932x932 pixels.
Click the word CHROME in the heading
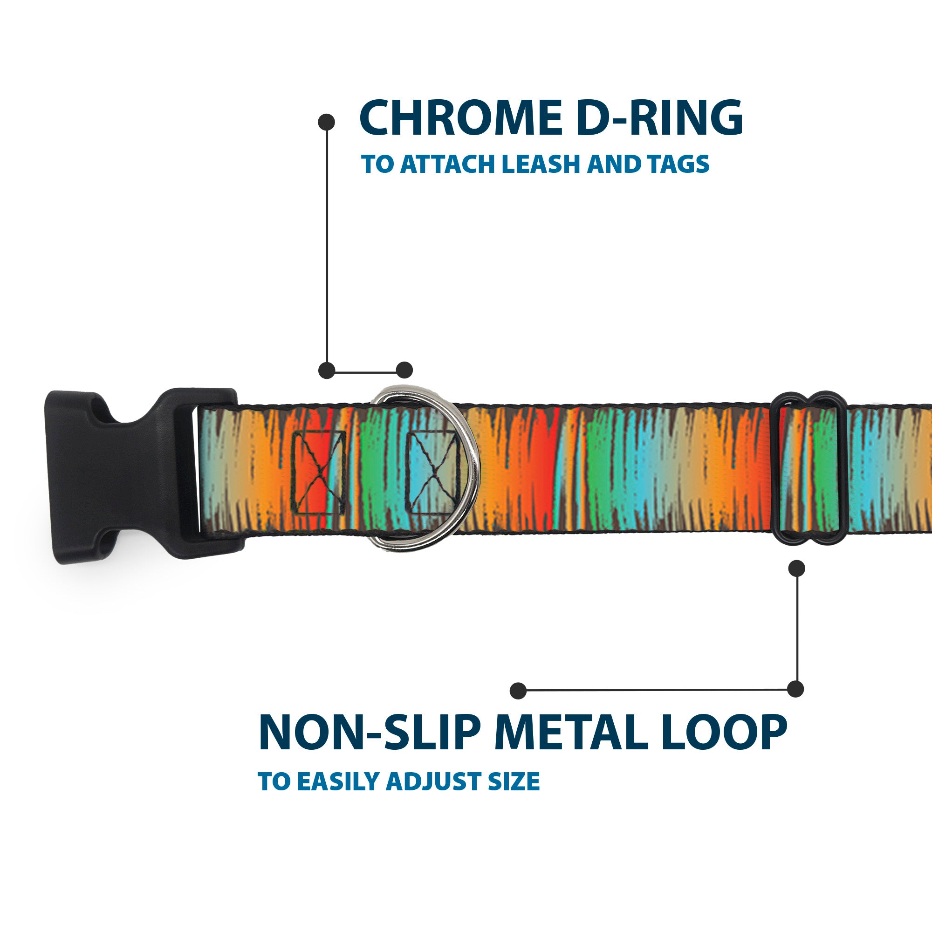click(460, 118)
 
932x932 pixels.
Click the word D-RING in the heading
click(659, 118)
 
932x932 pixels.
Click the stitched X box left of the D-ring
click(319, 472)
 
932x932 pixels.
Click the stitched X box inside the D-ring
click(432, 472)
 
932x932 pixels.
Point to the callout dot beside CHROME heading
click(327, 122)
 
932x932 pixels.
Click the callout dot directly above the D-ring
click(404, 370)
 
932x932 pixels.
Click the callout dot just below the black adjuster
click(796, 568)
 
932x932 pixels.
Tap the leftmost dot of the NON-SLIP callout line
click(518, 690)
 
